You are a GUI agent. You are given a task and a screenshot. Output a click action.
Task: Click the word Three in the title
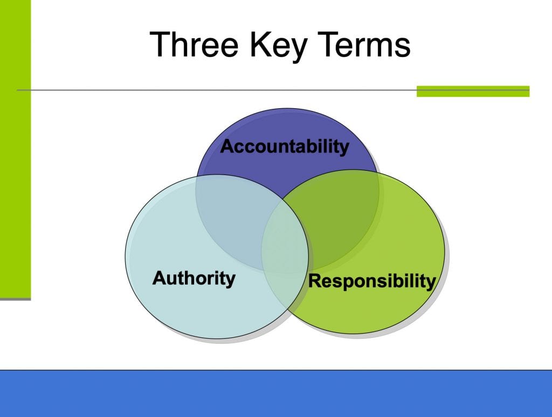pos(194,44)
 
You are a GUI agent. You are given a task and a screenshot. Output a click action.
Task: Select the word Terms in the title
pos(366,44)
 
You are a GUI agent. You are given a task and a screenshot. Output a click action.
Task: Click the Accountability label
pos(285,147)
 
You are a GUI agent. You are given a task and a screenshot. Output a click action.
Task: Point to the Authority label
pos(194,279)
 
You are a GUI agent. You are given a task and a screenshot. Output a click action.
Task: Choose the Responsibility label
pos(372,282)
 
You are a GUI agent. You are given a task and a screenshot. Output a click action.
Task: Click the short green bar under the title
pos(473,91)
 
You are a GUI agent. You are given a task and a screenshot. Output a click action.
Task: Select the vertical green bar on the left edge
pos(15,149)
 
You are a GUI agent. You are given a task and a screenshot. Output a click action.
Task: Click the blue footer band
pos(276,393)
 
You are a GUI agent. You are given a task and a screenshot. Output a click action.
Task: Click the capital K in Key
pos(260,44)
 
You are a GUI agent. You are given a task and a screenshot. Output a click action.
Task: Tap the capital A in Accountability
pos(227,147)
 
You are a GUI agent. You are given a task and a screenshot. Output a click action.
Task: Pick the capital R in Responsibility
pos(315,281)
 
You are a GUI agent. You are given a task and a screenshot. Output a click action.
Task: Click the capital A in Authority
pos(160,277)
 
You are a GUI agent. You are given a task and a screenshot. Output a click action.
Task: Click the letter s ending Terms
pos(403,48)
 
